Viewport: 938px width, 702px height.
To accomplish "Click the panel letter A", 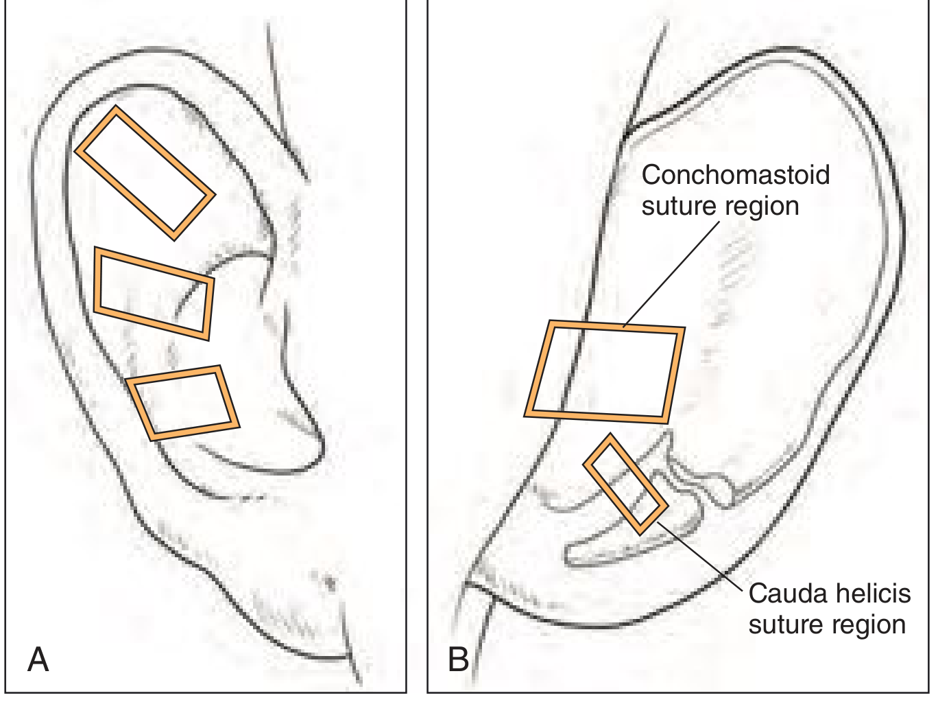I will [38, 659].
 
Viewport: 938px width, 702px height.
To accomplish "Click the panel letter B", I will [458, 659].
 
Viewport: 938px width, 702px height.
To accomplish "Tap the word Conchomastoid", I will [735, 175].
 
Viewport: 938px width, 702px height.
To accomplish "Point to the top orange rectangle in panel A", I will [145, 173].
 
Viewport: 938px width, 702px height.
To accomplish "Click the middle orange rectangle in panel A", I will [154, 294].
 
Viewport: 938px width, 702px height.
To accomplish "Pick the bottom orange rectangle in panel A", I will [183, 402].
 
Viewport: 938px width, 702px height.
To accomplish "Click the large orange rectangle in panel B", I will [605, 371].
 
